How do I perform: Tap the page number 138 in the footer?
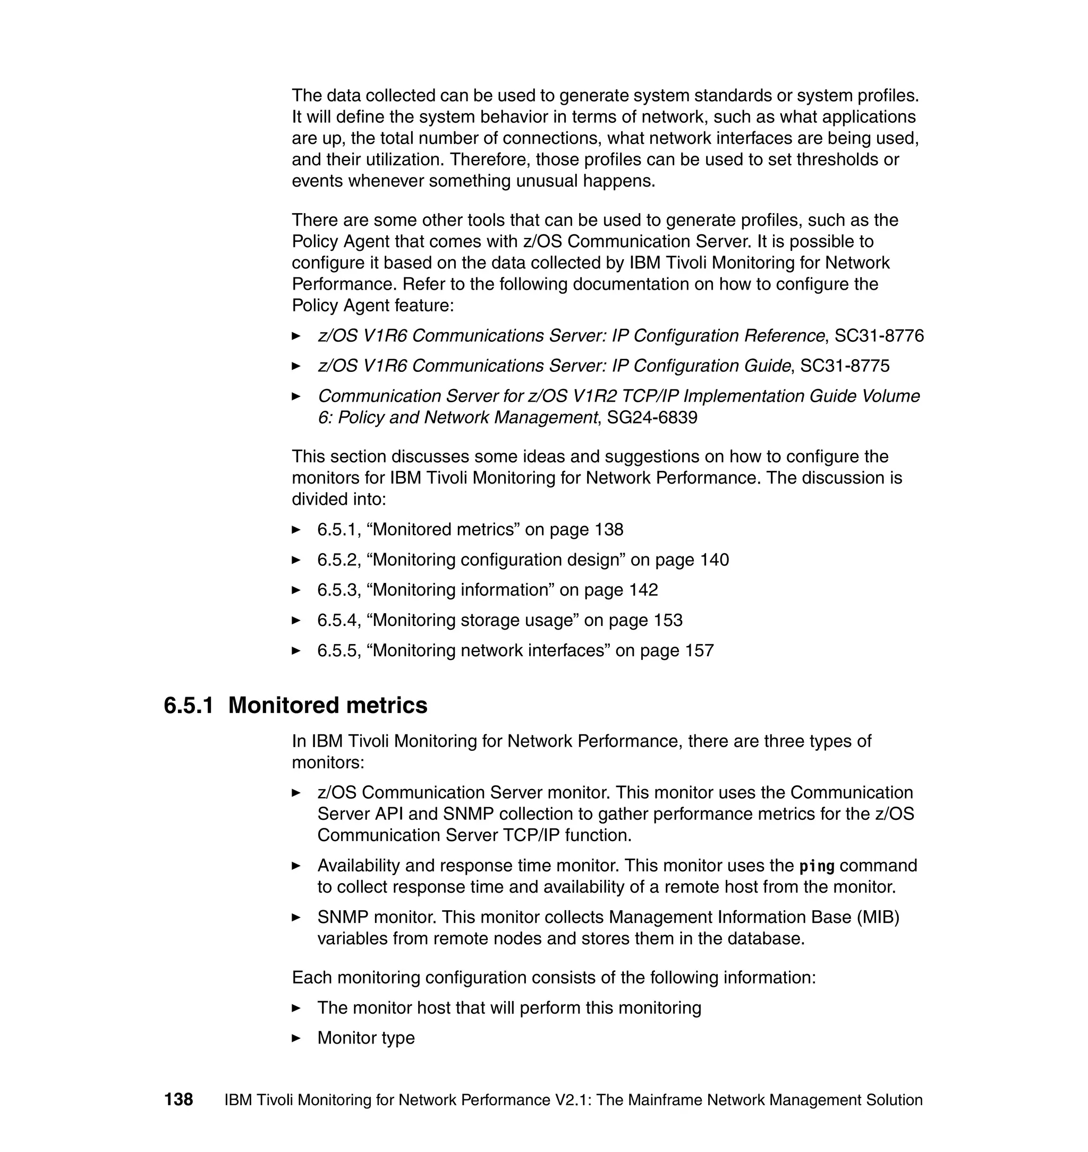(x=178, y=1100)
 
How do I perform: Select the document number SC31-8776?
(x=879, y=336)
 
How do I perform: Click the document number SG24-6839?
(x=652, y=418)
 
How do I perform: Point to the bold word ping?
(x=817, y=866)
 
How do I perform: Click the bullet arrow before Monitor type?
(x=296, y=1038)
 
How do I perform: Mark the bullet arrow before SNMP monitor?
(x=296, y=918)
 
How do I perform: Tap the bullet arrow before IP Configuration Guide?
(x=296, y=366)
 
